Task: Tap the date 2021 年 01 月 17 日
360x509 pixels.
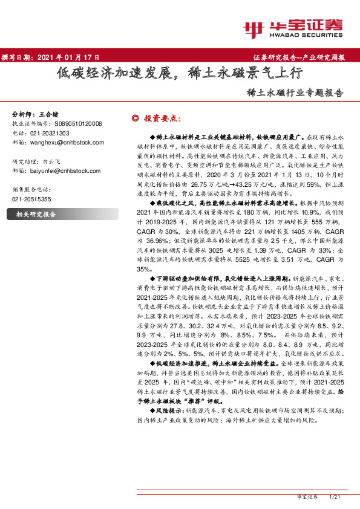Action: [x=68, y=57]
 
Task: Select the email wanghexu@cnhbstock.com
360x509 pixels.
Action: [x=67, y=142]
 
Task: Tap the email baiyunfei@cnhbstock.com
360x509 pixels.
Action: [x=67, y=171]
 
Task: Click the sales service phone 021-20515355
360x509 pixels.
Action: [x=32, y=199]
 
